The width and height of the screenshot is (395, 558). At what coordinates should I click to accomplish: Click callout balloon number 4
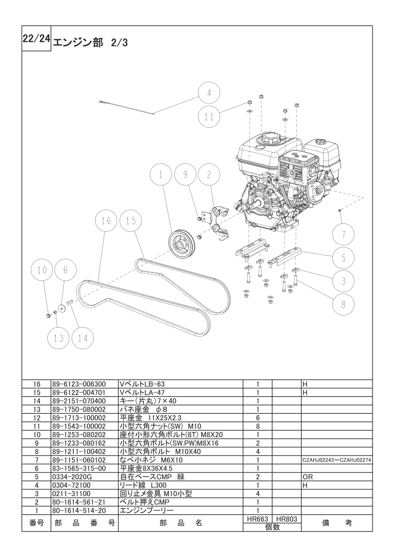pos(209,93)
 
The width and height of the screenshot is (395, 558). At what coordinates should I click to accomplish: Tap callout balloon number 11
pos(209,117)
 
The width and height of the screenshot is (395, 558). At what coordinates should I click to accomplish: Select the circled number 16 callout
pos(106,221)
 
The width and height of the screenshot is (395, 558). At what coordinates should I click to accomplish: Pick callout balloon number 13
pos(59,338)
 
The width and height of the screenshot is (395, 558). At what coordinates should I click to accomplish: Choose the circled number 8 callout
pos(343,304)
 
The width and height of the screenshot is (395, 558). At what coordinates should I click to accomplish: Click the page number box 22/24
pos(36,38)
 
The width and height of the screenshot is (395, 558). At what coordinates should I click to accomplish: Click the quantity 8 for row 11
pos(258,426)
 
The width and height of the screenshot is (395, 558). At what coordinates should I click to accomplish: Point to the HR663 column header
pos(258,519)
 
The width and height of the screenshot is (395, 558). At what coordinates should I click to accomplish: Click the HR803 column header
pos(286,519)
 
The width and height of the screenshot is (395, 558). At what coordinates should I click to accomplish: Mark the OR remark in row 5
pos(307,477)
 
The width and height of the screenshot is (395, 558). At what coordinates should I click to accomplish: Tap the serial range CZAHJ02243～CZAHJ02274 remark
pos(337,460)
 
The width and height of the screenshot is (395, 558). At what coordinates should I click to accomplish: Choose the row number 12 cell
pos(37,418)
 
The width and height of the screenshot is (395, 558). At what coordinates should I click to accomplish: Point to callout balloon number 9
pos(185,175)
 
